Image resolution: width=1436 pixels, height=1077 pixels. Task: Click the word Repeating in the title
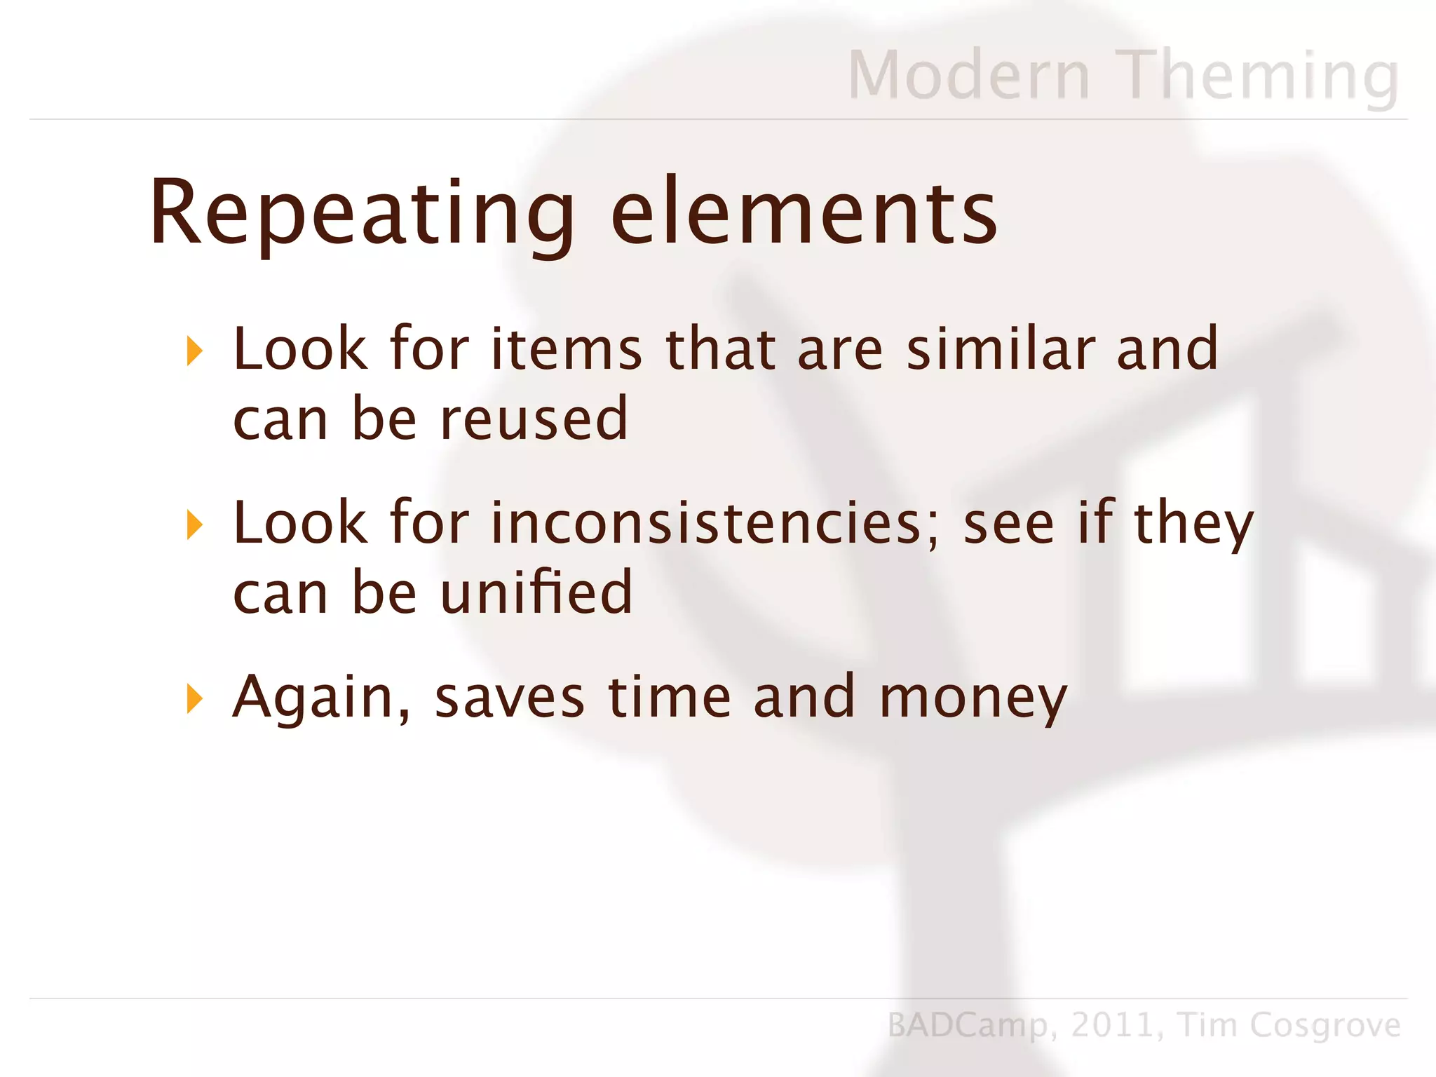click(361, 214)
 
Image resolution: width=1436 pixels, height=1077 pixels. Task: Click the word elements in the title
click(804, 214)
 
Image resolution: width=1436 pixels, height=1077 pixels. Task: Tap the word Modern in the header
click(968, 76)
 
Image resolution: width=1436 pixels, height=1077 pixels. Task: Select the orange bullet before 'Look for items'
click(195, 351)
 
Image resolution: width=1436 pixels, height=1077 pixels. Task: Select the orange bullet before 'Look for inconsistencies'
click(195, 524)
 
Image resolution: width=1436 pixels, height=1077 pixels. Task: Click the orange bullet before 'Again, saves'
click(195, 698)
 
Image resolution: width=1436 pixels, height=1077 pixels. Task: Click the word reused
click(534, 419)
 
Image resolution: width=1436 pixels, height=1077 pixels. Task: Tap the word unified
click(536, 593)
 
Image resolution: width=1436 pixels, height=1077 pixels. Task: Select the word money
click(973, 698)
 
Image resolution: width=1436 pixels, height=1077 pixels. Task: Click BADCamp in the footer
click(968, 1026)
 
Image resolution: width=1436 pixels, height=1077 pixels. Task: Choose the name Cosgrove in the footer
click(1325, 1026)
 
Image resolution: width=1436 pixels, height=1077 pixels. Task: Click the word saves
click(509, 698)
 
